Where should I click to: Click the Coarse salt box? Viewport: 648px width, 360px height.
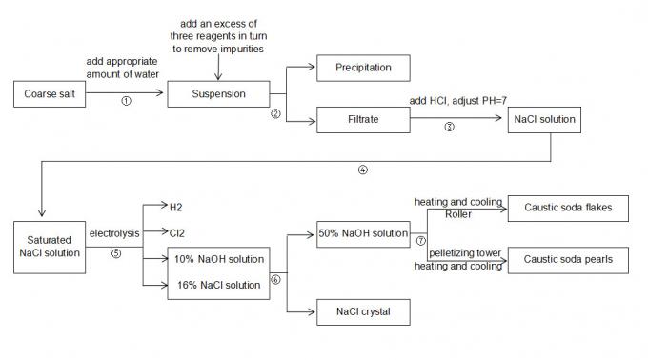click(46, 93)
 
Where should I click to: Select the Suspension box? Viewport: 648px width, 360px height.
click(219, 93)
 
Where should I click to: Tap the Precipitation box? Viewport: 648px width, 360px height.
click(363, 69)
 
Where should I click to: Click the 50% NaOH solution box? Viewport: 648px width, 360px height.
click(363, 233)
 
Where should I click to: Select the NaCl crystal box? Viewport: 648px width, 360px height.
click(363, 311)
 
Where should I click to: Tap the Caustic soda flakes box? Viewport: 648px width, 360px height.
click(568, 209)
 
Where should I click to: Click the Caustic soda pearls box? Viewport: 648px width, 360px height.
click(568, 258)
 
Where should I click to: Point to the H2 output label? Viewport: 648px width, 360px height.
click(175, 206)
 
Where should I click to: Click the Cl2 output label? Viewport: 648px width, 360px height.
click(176, 230)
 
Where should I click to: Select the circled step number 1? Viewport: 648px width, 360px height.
click(125, 101)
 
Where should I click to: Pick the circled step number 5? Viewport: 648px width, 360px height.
click(115, 252)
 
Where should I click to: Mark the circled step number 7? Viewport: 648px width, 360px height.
click(420, 240)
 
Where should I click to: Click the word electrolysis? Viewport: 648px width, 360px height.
click(115, 232)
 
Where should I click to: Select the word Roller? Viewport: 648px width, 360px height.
click(457, 214)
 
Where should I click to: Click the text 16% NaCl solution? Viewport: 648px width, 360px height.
click(219, 285)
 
